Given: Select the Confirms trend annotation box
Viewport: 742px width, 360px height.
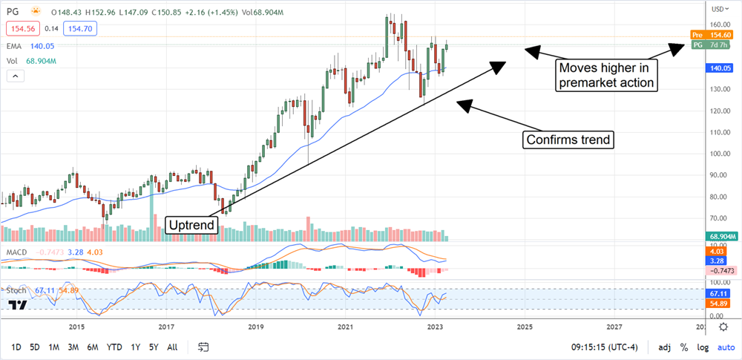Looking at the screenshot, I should (569, 139).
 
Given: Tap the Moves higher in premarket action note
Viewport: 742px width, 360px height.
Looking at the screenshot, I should (605, 75).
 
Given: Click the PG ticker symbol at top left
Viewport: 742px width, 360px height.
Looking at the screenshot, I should (13, 10).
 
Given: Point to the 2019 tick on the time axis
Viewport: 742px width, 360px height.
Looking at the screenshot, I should (256, 327).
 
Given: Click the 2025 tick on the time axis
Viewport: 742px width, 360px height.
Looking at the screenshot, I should (524, 327).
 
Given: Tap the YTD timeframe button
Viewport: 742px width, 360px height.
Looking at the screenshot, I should (114, 347).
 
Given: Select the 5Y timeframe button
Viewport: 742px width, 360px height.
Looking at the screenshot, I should (153, 347).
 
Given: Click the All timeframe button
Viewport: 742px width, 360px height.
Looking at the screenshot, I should (172, 347).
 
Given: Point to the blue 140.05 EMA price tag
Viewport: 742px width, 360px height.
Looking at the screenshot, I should (718, 67).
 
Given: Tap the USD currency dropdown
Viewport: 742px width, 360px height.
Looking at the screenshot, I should (718, 9).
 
